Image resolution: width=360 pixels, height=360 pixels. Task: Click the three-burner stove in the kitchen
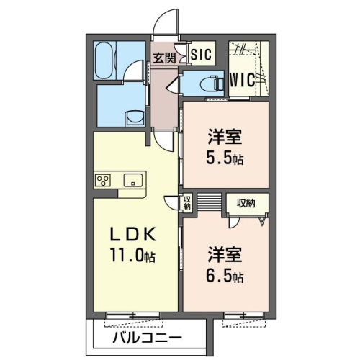point(102,181)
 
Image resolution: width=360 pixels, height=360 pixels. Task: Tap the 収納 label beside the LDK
point(186,203)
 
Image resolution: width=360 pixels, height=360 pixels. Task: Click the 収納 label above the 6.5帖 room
point(246,203)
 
